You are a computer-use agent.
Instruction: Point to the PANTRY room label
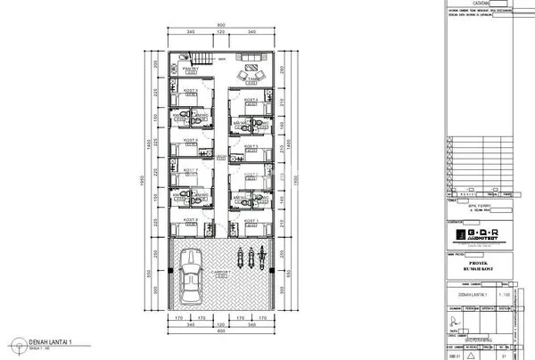pyautogui.click(x=190, y=68)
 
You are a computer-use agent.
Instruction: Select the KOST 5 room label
pyautogui.click(x=189, y=90)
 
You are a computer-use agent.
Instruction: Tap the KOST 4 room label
pyautogui.click(x=251, y=99)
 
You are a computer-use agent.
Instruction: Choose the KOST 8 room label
pyautogui.click(x=189, y=218)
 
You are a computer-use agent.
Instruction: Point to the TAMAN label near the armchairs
pyautogui.click(x=252, y=78)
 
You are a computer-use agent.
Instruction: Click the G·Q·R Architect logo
pyautogui.click(x=477, y=234)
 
